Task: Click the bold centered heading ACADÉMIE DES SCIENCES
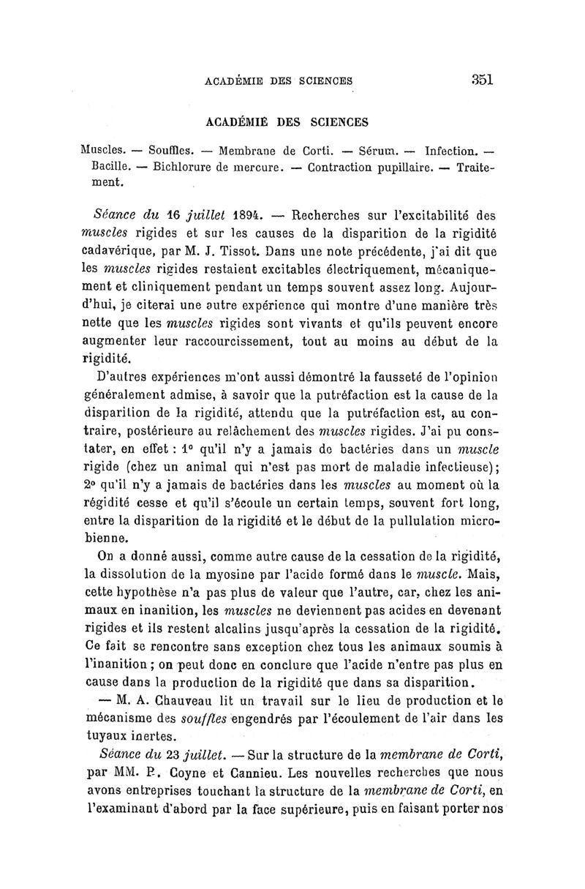pos(284,121)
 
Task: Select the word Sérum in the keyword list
pos(374,151)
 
